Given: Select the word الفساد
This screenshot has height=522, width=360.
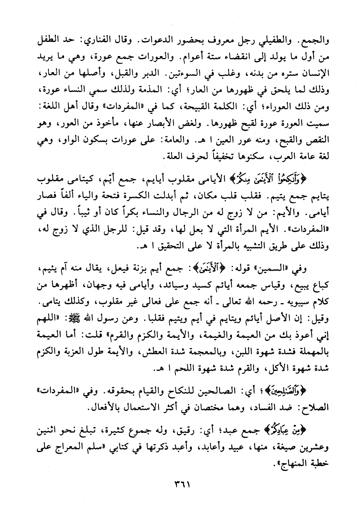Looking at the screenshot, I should (273, 408).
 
